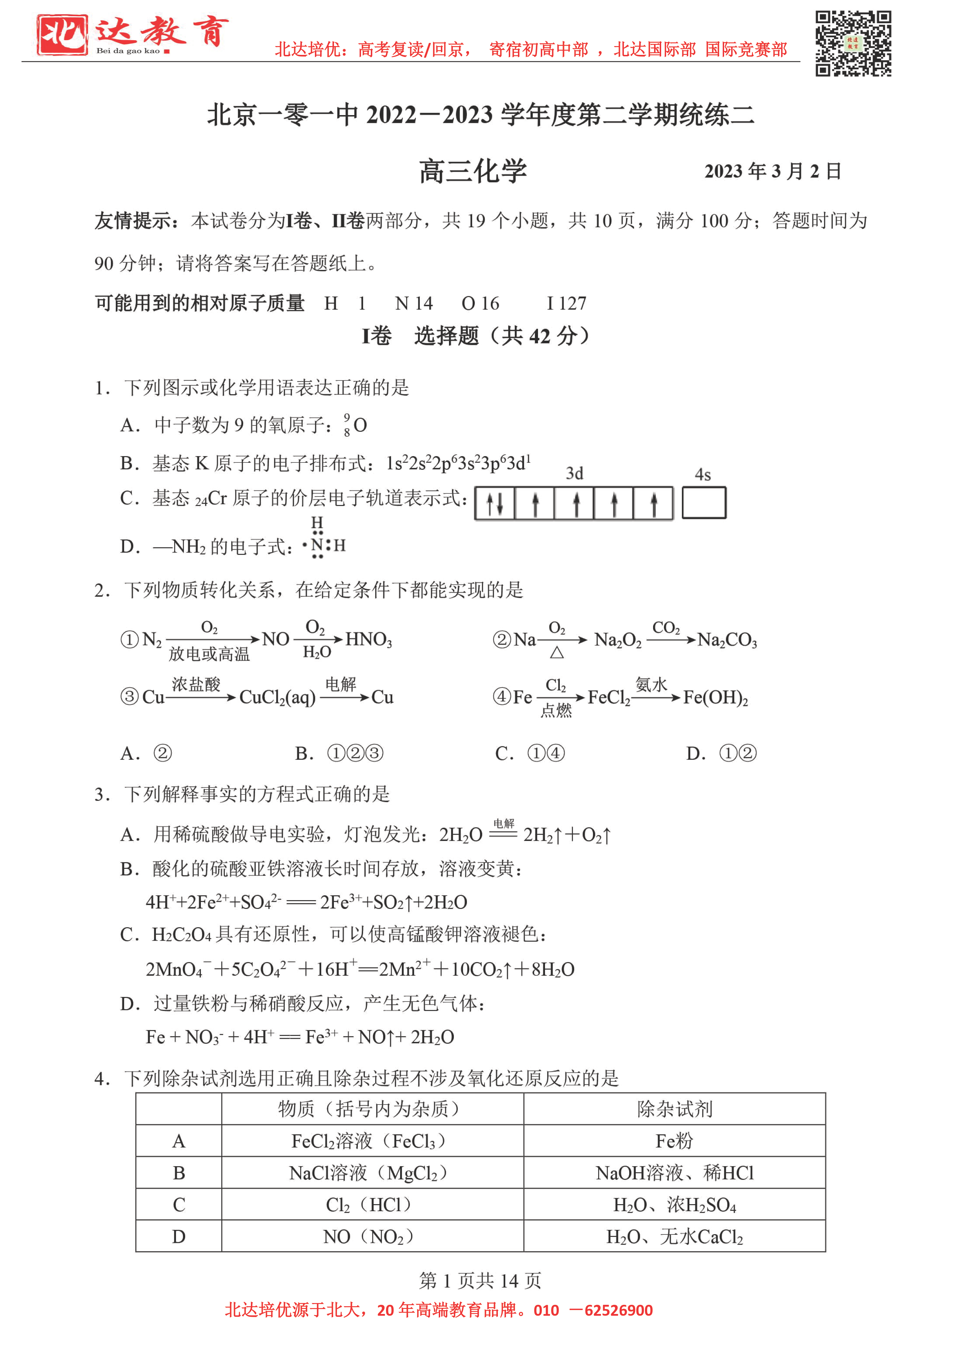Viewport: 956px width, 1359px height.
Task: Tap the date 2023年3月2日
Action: (772, 171)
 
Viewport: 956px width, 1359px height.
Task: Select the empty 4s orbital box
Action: (703, 502)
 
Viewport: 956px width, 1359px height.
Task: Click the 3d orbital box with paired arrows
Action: (495, 503)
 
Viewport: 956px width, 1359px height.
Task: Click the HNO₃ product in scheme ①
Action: (368, 639)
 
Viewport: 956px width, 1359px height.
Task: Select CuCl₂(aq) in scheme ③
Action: (277, 697)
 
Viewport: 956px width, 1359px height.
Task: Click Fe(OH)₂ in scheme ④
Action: (715, 697)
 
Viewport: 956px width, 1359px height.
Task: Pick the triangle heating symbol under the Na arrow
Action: (556, 653)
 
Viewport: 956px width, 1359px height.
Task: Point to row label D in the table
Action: (179, 1237)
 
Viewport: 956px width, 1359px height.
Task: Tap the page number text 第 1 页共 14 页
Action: (480, 1280)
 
